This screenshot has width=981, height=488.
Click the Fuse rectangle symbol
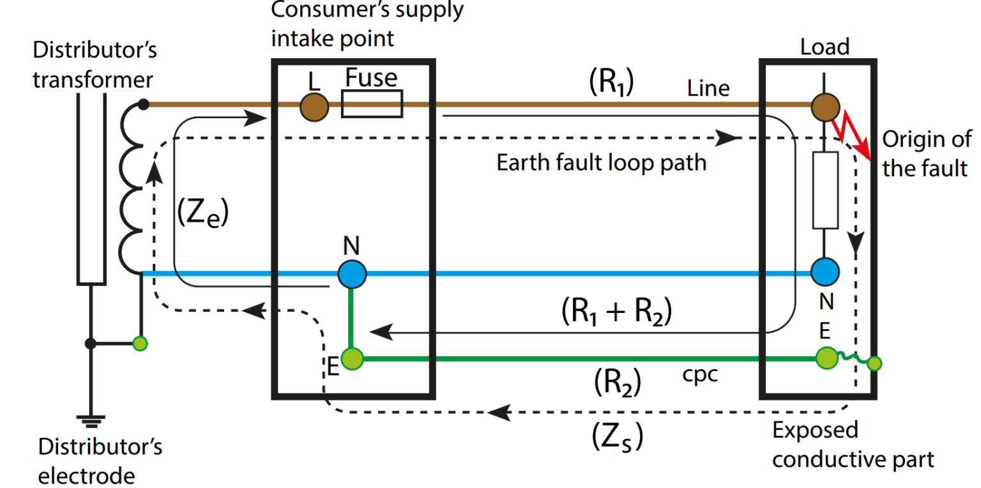click(372, 104)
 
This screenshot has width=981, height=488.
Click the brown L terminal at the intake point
click(314, 106)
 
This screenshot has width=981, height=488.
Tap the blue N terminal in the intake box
click(351, 274)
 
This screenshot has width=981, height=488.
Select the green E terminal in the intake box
click(351, 359)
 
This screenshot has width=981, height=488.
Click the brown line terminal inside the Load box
click(825, 106)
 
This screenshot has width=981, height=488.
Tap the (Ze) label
click(202, 214)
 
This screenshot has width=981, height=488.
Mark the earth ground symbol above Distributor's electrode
click(91, 419)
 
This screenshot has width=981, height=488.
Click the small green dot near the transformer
click(140, 344)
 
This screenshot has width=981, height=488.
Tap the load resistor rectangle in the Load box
click(825, 190)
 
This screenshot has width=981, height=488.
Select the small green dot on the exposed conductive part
click(874, 364)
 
